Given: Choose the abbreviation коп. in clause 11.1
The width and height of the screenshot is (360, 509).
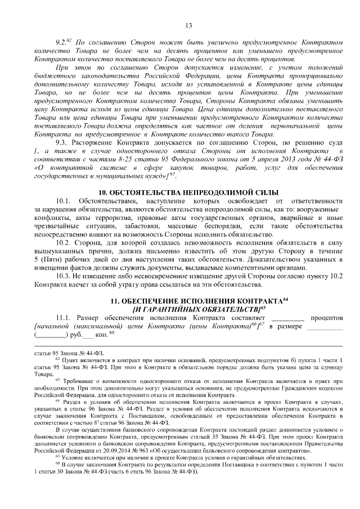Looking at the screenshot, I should (100, 335).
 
